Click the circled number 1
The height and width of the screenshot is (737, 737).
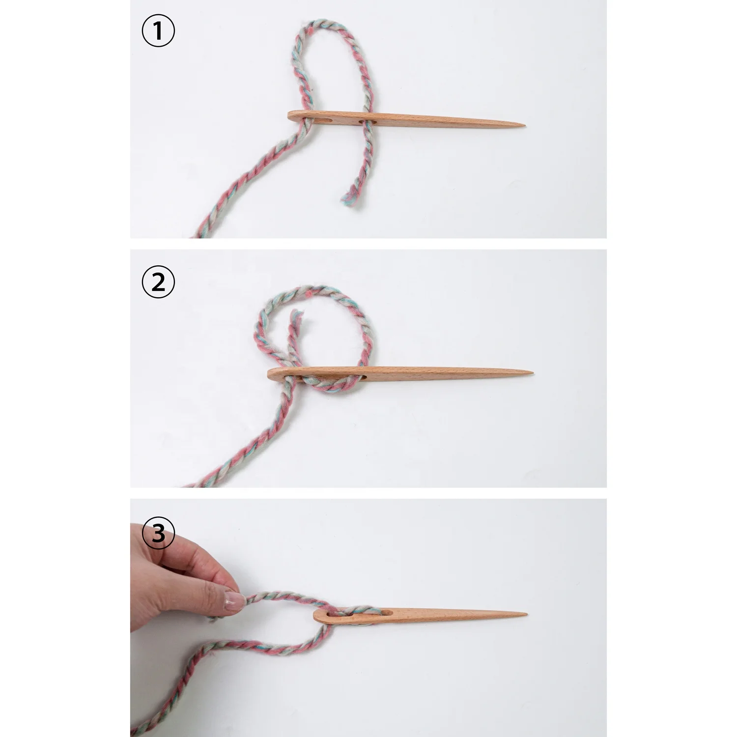[x=158, y=31]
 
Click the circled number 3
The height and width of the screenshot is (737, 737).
[x=158, y=533]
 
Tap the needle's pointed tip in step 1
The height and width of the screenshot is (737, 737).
[x=524, y=126]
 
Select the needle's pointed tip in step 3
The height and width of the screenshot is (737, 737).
[x=526, y=614]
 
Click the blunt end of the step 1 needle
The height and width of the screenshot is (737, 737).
[x=290, y=116]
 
